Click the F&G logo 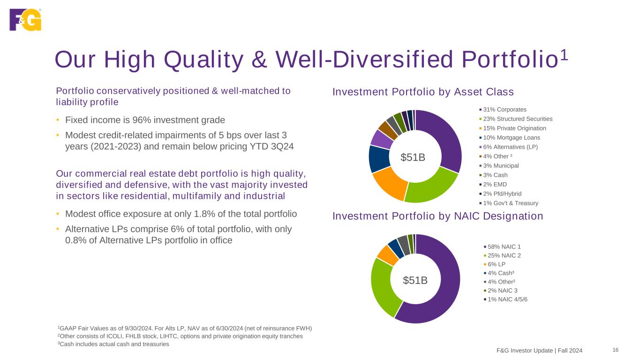[25, 20]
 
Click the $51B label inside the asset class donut [413, 157]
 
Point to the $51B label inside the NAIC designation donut [415, 280]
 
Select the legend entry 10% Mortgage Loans [510, 137]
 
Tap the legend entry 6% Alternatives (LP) [509, 147]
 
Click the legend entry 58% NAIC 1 [502, 247]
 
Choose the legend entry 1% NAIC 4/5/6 [506, 300]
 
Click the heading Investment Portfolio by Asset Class [423, 92]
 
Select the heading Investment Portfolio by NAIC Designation [438, 216]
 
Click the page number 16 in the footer [616, 350]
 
